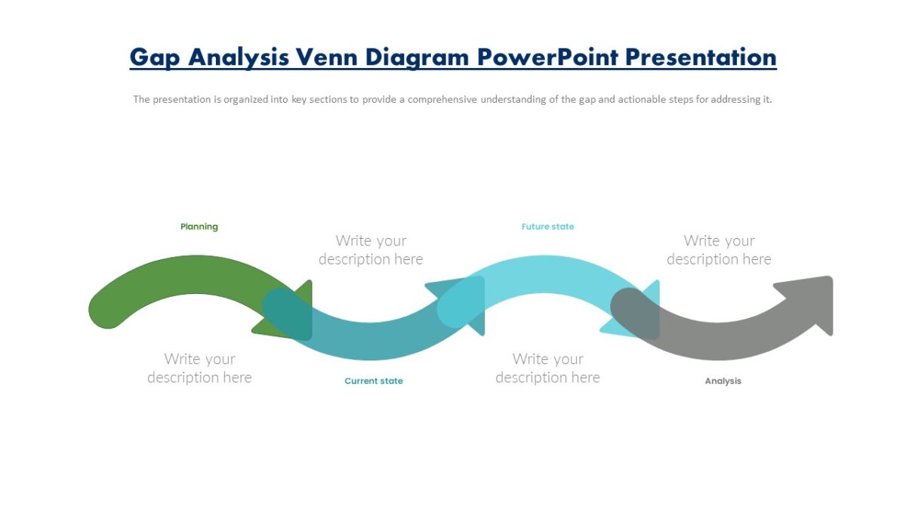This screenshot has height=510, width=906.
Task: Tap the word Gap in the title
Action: tap(155, 58)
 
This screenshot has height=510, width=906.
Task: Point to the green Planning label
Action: tap(199, 227)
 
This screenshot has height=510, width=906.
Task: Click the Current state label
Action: tap(374, 381)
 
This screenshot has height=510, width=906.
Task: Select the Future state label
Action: tap(547, 227)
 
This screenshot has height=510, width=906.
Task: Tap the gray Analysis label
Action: tap(723, 381)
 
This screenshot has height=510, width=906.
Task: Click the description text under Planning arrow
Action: tap(199, 368)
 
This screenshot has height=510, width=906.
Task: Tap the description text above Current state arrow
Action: tap(371, 250)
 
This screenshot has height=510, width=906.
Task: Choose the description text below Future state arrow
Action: tap(547, 368)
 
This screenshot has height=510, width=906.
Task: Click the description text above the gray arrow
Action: tap(719, 250)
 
